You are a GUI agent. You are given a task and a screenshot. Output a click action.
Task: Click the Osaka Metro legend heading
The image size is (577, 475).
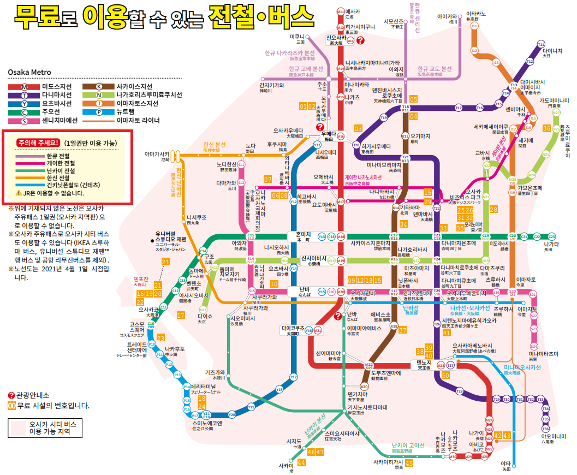coord(29,73)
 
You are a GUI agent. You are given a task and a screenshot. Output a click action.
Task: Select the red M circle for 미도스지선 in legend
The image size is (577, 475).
coord(24,87)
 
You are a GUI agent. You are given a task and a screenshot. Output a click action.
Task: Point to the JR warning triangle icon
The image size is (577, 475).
coord(19,193)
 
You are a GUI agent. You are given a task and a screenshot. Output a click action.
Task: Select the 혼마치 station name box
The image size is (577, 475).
coord(299,236)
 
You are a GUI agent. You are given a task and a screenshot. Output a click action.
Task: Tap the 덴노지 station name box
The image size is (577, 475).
coord(424,364)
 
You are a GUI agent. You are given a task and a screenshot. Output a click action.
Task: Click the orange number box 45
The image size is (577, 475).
coord(409,463)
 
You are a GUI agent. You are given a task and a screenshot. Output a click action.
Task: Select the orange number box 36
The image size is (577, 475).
coord(546,128)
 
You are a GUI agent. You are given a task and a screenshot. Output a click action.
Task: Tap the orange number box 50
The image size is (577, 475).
coord(445,375)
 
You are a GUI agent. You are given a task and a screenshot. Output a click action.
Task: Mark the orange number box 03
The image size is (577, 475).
coord(358,128)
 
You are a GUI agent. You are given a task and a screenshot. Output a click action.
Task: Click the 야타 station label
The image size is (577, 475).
coord(506,465)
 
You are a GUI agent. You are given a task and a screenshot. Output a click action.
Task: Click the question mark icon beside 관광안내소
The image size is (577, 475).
coord(11,395)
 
